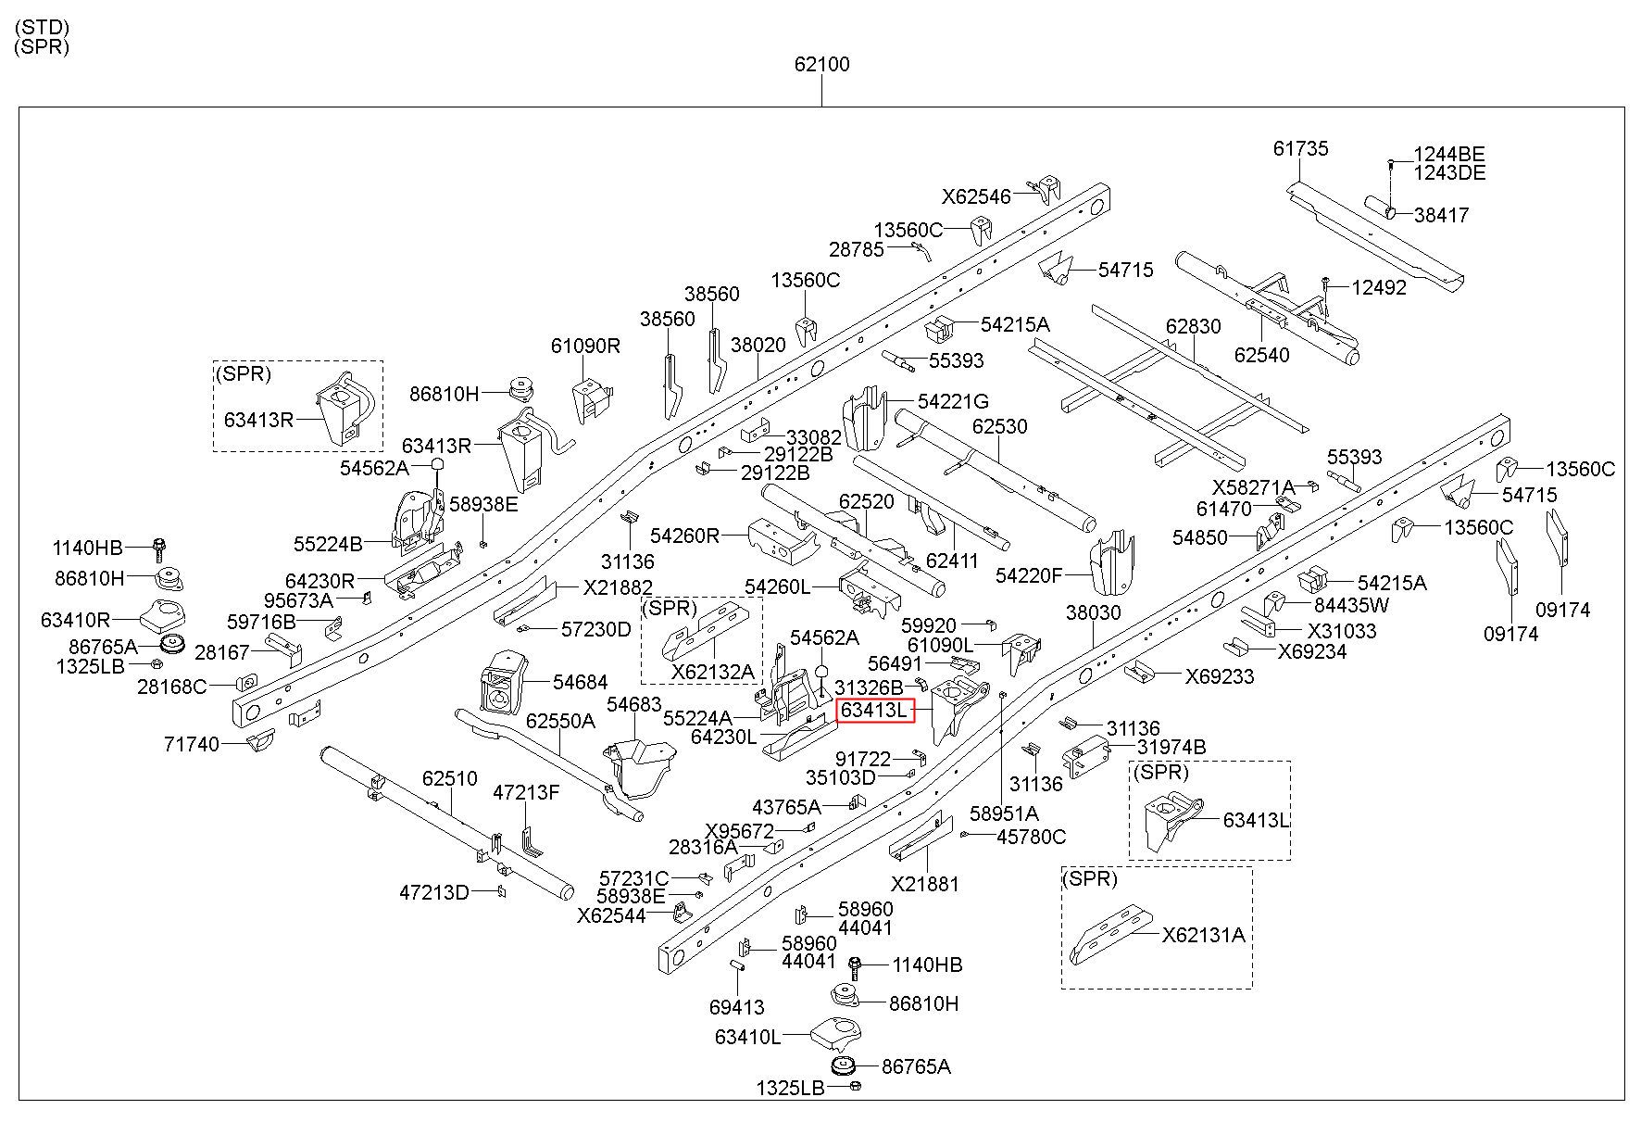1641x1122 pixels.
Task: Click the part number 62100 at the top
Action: (x=821, y=65)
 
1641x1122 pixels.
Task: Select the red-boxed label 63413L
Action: (x=875, y=711)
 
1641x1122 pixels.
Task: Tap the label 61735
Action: (x=1300, y=148)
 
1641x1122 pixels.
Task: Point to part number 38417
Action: (x=1441, y=215)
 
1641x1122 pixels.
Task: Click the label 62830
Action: (x=1194, y=327)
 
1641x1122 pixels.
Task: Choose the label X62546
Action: (x=977, y=196)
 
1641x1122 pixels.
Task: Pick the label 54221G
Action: (x=953, y=401)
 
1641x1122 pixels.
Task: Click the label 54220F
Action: (x=1029, y=575)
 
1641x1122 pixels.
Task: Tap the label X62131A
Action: (x=1204, y=935)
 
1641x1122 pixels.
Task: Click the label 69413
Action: (x=737, y=1006)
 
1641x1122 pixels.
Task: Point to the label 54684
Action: (x=580, y=682)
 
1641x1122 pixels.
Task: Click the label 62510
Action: (x=450, y=778)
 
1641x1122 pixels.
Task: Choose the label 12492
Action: (x=1379, y=287)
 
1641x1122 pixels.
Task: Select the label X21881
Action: (x=925, y=884)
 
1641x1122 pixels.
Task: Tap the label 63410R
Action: (x=76, y=619)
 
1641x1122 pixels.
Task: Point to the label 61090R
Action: (x=585, y=346)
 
